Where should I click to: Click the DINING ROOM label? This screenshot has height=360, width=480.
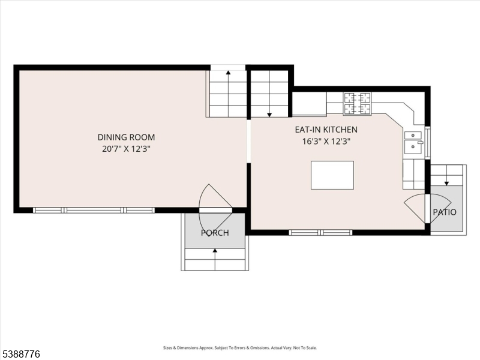[x=130, y=137]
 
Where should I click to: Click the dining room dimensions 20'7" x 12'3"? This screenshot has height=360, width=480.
[x=130, y=149]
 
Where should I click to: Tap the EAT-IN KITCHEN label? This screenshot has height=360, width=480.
[x=326, y=130]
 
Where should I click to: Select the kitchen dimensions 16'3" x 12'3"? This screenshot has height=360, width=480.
[x=326, y=142]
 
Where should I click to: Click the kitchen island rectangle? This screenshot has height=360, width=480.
[x=332, y=175]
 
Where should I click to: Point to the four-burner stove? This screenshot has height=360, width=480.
[x=357, y=103]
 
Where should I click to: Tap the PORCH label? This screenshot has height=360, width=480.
[x=215, y=233]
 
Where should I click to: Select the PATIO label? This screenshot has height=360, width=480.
[x=445, y=212]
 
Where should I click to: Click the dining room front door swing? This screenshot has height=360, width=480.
[x=214, y=198]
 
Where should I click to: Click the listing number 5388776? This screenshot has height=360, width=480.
[x=21, y=355]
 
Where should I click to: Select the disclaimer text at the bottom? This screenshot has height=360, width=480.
[x=240, y=347]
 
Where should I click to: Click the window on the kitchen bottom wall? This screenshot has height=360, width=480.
[x=320, y=232]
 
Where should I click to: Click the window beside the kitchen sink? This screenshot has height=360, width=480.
[x=428, y=143]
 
